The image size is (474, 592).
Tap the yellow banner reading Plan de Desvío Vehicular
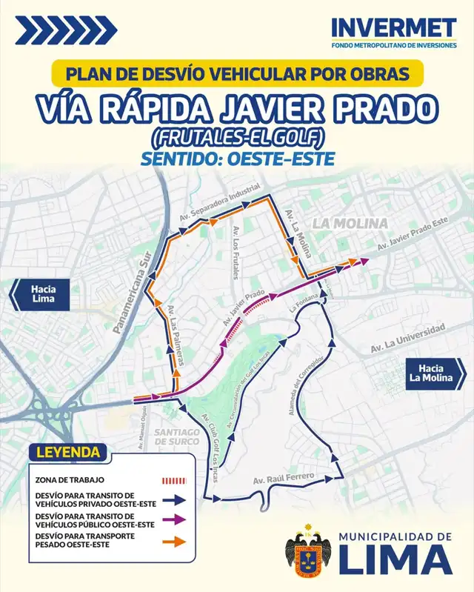237,75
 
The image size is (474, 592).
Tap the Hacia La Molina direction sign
435,373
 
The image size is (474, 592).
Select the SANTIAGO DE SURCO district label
178,437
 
